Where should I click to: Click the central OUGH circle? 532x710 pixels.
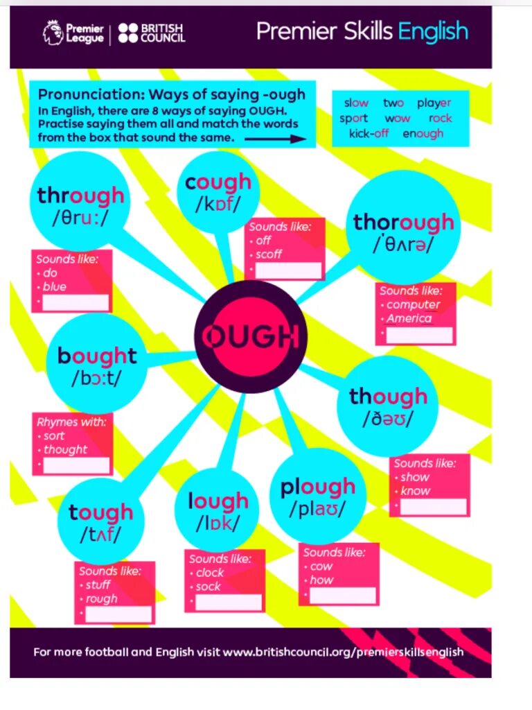tap(251, 337)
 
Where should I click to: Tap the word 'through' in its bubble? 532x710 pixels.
tap(81, 196)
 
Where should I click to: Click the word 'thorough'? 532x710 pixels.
tap(403, 223)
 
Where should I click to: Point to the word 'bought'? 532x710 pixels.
tap(97, 356)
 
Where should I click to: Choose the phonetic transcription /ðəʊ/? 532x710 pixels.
tap(387, 419)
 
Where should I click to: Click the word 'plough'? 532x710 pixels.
tap(317, 487)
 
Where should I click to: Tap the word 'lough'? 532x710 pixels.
tap(218, 501)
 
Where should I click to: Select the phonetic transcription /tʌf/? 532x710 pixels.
tap(100, 534)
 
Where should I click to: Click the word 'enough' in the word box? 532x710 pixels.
tap(423, 134)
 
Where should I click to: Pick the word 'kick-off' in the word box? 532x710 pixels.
tap(369, 134)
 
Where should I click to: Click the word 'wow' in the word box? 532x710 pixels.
tap(398, 119)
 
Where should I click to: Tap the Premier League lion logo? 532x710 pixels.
tap(52, 33)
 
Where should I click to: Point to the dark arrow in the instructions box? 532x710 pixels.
tap(275, 139)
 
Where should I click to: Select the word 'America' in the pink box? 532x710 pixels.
tap(409, 319)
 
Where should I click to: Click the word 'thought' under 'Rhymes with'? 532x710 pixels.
tap(65, 449)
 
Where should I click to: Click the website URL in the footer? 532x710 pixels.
tap(343, 652)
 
